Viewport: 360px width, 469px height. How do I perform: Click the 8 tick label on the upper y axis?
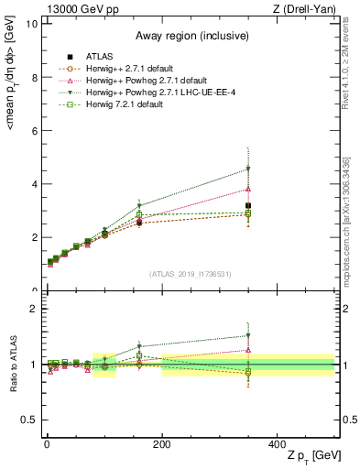point(35,77)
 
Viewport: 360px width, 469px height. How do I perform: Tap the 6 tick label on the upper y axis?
point(35,131)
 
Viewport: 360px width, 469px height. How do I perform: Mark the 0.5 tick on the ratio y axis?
point(30,420)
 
